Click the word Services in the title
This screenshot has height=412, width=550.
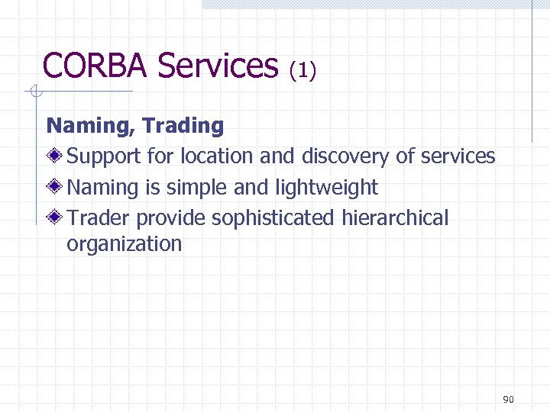[x=218, y=66]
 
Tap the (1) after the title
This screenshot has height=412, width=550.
[x=302, y=71]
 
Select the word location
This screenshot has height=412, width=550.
[x=218, y=156]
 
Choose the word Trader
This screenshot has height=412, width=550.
[x=99, y=218]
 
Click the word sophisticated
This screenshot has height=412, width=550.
[x=273, y=218]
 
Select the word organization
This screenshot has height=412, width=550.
[x=125, y=244]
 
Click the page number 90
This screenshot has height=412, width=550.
[x=510, y=400]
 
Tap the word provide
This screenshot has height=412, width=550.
[x=171, y=218]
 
